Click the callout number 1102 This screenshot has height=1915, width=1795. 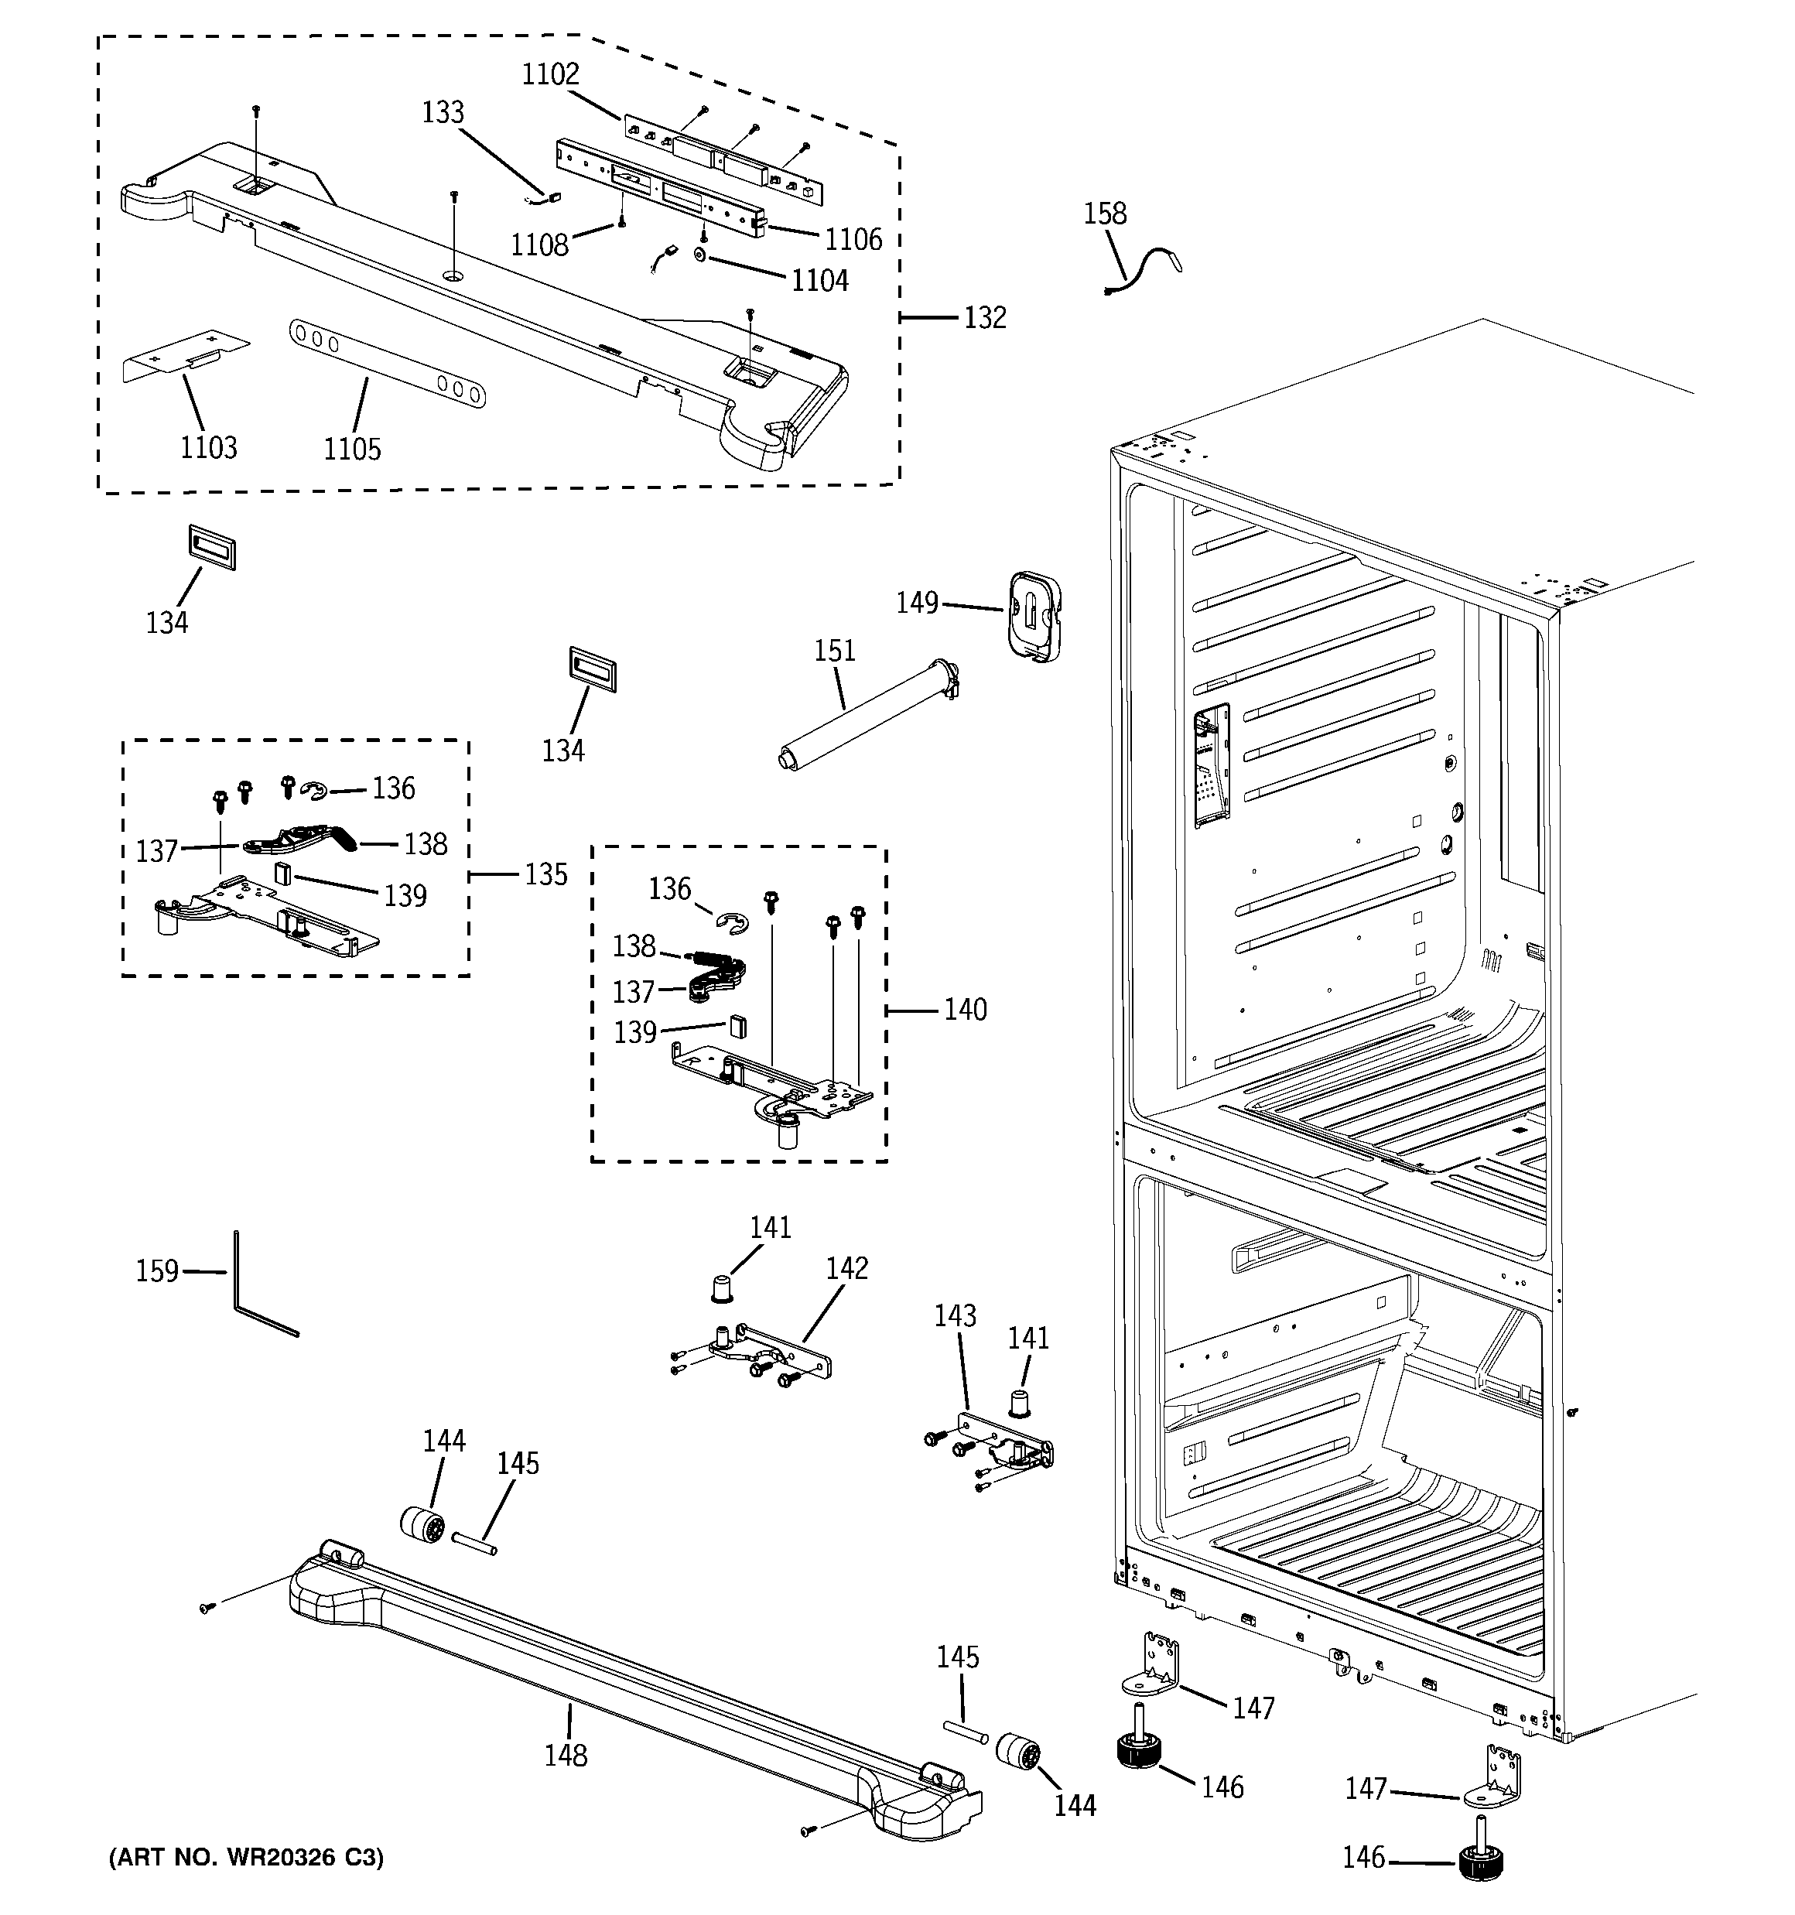(x=550, y=74)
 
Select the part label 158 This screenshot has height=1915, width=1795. (x=1104, y=213)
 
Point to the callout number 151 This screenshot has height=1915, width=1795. (x=834, y=651)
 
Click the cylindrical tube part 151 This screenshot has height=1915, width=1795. (x=867, y=713)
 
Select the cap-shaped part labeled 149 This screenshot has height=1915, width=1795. (x=1034, y=617)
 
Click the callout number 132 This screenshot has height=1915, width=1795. (x=985, y=317)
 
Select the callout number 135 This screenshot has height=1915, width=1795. (x=545, y=874)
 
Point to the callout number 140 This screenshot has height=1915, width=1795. (x=965, y=1010)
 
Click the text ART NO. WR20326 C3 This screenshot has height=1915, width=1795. (x=247, y=1857)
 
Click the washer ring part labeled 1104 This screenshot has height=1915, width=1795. (x=700, y=255)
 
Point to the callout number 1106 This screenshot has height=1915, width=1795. (x=853, y=239)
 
